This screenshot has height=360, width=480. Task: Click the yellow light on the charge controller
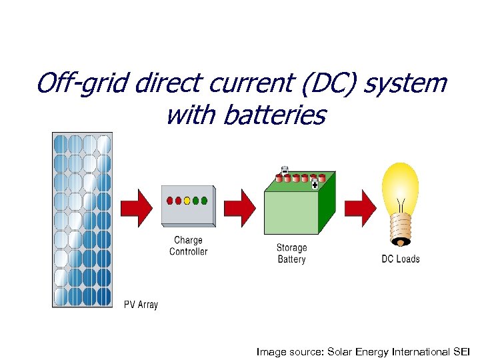[x=187, y=200]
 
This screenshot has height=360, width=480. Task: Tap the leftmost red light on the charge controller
[x=170, y=200]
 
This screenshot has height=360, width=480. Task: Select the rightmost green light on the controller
[x=204, y=200]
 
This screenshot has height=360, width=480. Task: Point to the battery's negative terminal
[x=285, y=170]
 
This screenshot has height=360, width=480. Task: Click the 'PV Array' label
[x=141, y=305]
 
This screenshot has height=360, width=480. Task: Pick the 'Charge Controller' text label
[x=188, y=246]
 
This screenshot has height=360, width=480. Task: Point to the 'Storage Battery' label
[x=291, y=253]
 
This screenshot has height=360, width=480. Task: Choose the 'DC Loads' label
[x=400, y=259]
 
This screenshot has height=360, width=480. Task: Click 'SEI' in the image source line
[x=461, y=351]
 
